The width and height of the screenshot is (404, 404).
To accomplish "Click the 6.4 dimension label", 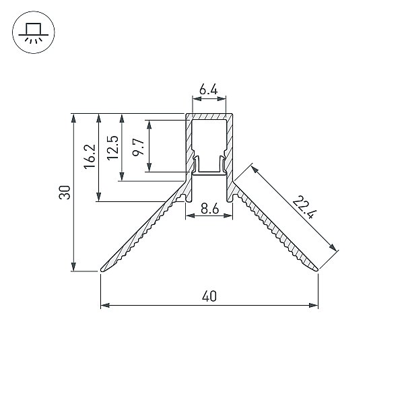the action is point(209,90).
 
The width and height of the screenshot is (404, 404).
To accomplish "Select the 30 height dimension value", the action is point(65,192).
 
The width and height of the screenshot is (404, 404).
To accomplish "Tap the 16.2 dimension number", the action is point(90,156).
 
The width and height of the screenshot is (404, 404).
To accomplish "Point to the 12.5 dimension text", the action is point(113,147).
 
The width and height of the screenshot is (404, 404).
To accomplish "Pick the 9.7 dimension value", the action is point(138,147).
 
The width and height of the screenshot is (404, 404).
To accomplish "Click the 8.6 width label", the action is point(209,208).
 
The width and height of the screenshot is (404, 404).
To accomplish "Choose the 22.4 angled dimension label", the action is point(304,207).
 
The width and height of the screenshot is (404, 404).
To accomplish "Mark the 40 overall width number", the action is point(209,296).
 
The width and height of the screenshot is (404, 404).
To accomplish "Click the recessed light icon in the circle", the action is point(34,32).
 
